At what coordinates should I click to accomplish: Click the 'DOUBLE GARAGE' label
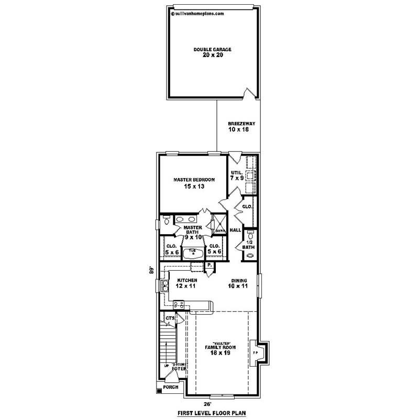(212, 49)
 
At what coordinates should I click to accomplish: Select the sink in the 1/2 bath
(250, 256)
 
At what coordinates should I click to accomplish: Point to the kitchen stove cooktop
(179, 304)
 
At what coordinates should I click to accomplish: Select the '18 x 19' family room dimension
(220, 354)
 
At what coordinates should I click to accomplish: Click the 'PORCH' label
(171, 388)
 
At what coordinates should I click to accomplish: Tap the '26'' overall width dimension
(208, 404)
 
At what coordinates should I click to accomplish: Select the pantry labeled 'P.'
(209, 266)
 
